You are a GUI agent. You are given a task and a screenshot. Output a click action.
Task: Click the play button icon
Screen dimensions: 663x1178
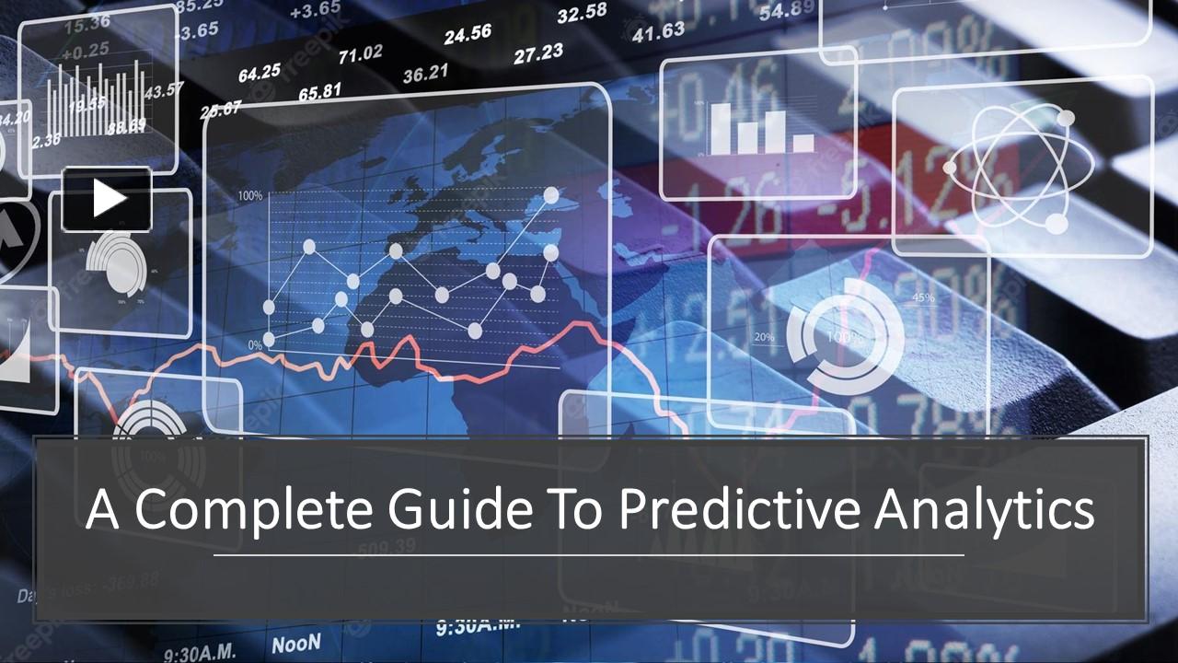[108, 199]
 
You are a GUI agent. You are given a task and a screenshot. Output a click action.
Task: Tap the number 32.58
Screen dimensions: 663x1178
[582, 13]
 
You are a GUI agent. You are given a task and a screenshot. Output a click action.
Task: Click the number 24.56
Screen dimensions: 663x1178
[468, 35]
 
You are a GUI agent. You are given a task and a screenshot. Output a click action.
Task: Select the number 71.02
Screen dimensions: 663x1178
[360, 55]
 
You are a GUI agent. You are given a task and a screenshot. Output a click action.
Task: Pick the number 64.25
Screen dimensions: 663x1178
[260, 72]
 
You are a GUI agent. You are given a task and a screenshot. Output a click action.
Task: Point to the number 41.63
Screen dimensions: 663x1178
[659, 31]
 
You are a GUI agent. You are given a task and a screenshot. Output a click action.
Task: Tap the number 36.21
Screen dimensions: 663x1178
[426, 72]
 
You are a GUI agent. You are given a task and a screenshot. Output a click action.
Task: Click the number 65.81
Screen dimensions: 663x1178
[319, 91]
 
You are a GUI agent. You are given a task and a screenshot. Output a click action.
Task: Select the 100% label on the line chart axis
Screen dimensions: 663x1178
[249, 195]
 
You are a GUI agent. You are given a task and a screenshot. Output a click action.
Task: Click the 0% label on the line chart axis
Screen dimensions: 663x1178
[256, 343]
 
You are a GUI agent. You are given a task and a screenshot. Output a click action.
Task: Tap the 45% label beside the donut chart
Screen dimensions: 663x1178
[923, 297]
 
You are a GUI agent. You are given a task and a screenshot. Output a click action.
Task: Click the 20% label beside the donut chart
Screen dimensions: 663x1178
[764, 337]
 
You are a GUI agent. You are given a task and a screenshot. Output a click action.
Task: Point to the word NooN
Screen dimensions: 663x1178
[296, 642]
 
